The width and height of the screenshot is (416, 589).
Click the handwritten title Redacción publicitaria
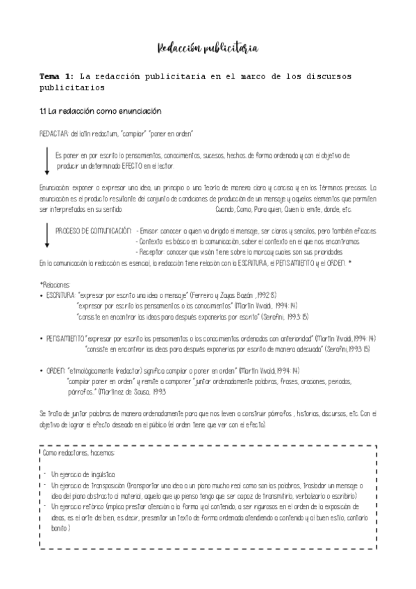[208, 48]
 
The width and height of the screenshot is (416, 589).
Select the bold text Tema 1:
[57, 76]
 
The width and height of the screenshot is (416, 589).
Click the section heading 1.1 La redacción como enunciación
[100, 110]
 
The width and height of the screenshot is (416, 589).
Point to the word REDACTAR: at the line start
[55, 133]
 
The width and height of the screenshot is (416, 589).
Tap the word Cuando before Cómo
[226, 208]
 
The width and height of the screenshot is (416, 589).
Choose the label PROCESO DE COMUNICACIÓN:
[93, 230]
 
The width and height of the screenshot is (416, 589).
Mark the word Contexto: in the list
[153, 241]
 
